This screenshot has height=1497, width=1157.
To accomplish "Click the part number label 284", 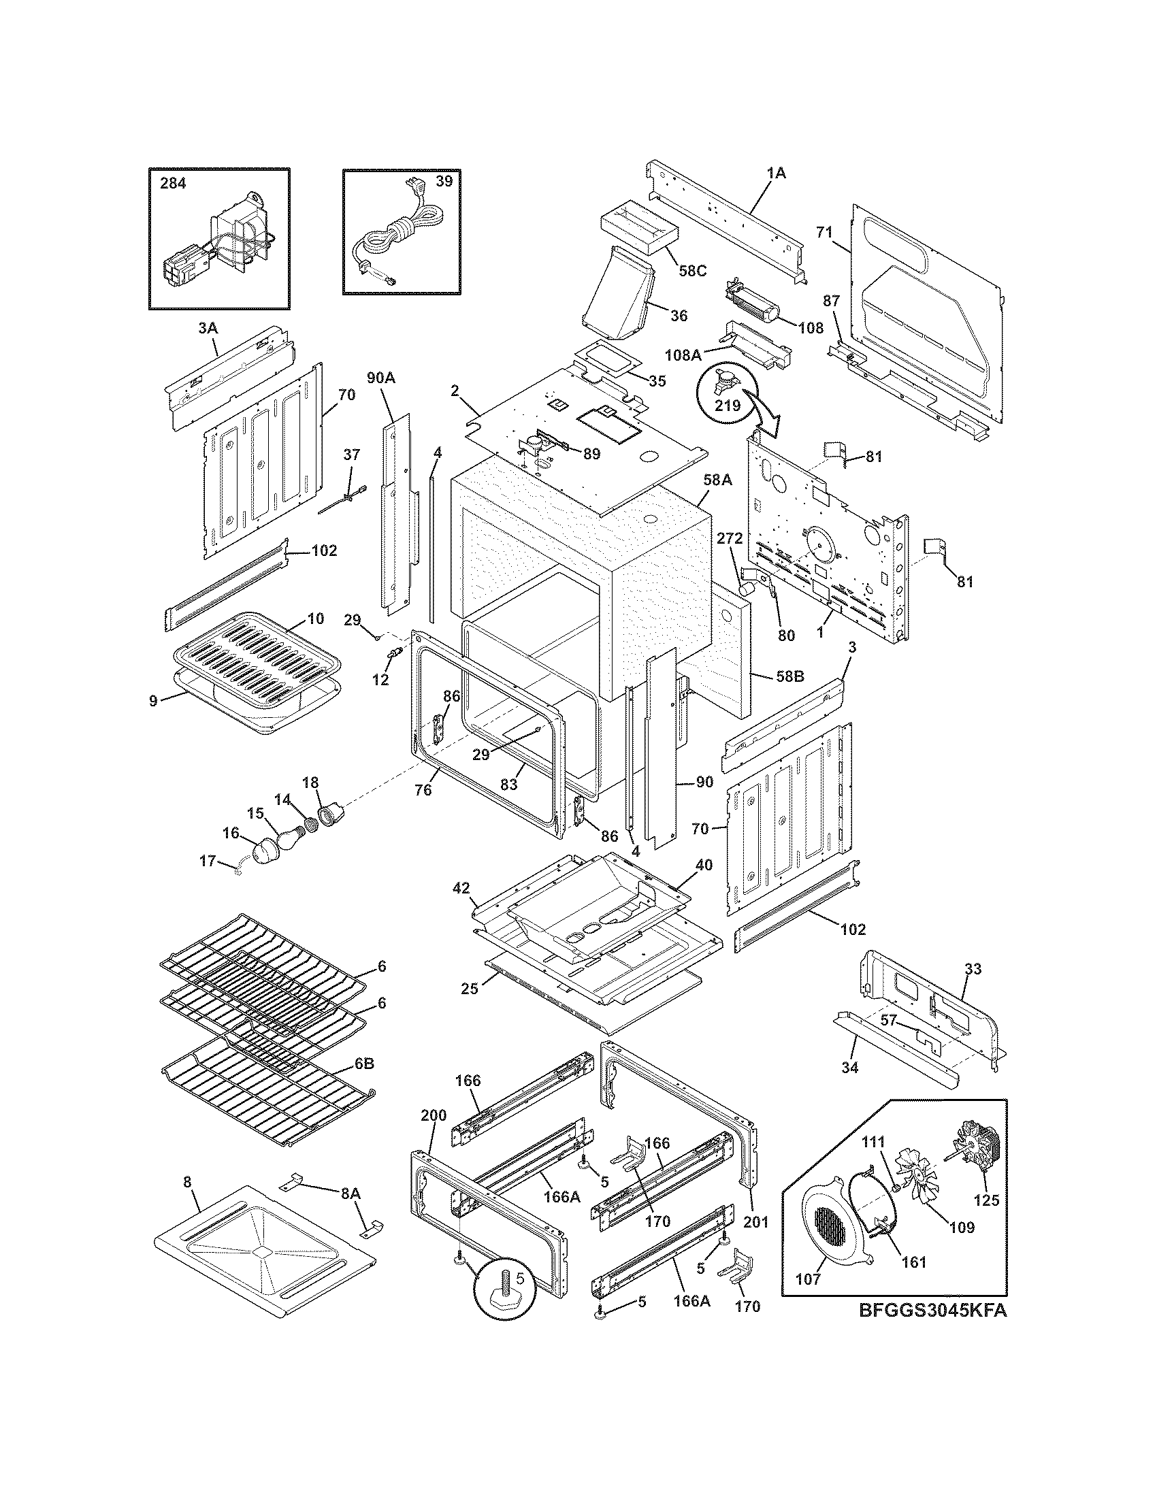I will click(173, 184).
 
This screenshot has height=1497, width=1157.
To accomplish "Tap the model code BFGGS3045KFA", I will click(933, 1310).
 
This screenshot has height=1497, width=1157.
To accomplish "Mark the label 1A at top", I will click(776, 174).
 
